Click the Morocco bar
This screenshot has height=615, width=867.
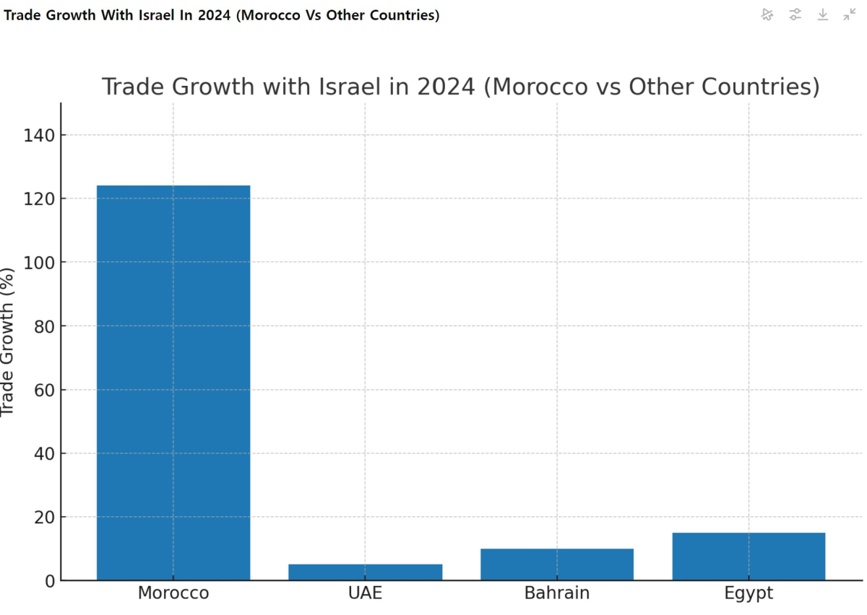173,383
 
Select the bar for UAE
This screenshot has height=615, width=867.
365,572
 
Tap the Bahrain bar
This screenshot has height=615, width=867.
556,564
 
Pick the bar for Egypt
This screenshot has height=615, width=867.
749,556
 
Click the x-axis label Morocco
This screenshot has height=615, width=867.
173,593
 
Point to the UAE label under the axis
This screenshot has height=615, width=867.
365,593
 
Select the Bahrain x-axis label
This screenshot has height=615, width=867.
556,593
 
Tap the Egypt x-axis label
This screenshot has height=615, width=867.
749,593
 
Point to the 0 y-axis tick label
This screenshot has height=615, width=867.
49,581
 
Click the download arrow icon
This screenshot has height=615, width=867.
822,14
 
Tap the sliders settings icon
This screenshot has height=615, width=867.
795,14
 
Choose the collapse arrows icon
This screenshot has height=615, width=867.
850,14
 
